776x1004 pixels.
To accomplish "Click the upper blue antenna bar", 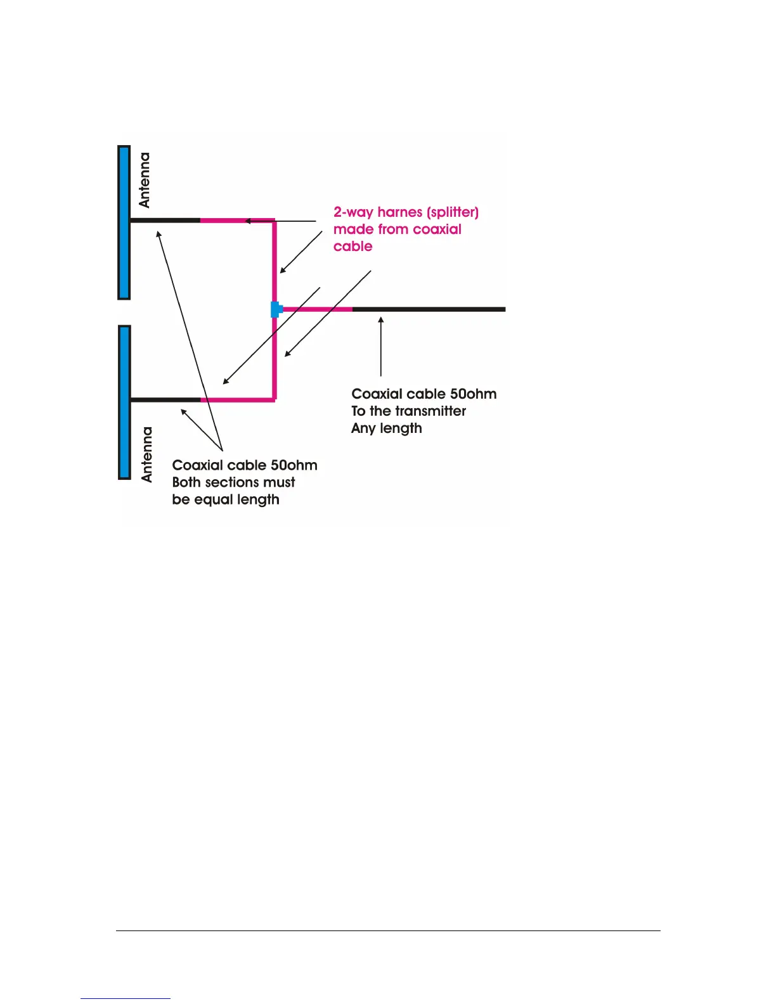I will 124,222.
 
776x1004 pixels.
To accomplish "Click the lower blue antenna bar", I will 125,402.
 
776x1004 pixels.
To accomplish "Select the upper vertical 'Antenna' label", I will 145,180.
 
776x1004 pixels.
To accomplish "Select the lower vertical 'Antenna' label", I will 147,454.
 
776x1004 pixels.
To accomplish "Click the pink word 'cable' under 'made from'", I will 353,247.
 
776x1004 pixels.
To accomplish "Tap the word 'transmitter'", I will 430,411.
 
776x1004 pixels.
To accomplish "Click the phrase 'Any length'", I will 387,428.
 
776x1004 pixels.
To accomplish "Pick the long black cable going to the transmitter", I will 429,309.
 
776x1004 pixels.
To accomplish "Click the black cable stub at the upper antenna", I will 165,221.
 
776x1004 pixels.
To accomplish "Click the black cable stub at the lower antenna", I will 165,400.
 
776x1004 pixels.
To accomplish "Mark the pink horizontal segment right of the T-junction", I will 317,309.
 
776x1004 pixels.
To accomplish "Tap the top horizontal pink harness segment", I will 238,221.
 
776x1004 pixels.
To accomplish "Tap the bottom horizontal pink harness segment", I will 238,400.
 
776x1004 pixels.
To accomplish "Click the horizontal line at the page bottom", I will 388,931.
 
